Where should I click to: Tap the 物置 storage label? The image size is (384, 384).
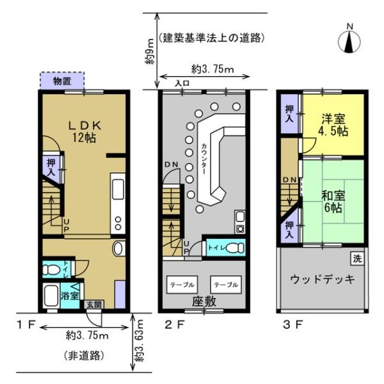[x=63, y=81]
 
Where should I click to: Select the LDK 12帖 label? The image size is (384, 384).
[x=84, y=132]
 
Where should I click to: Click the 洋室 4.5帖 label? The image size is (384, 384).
[x=333, y=125]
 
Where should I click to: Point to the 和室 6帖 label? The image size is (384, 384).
[x=333, y=202]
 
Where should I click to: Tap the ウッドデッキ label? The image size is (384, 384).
[x=323, y=279]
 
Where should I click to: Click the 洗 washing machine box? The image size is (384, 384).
[x=357, y=259]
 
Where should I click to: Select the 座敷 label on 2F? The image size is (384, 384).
[x=204, y=301]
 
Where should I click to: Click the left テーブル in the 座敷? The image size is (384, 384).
[x=182, y=285]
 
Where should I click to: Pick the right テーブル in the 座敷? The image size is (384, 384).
[x=226, y=285]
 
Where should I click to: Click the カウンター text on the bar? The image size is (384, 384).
[x=204, y=158]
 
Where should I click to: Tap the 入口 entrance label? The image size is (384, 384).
[x=182, y=83]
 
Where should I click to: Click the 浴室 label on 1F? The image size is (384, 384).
[x=70, y=296]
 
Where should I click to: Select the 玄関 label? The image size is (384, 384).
[x=94, y=305]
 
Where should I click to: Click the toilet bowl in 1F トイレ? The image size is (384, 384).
[x=52, y=270]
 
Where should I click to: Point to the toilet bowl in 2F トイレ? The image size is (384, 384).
[x=235, y=248]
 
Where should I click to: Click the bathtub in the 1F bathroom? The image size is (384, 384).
[x=51, y=296]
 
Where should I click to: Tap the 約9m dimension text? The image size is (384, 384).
[x=150, y=51]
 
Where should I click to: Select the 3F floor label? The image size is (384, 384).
[x=293, y=324]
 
